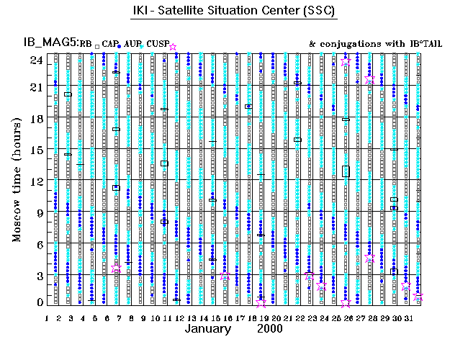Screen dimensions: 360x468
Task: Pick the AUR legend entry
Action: (x=132, y=45)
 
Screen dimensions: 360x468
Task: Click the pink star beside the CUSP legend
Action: (x=172, y=47)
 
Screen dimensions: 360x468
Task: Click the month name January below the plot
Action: (x=208, y=328)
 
